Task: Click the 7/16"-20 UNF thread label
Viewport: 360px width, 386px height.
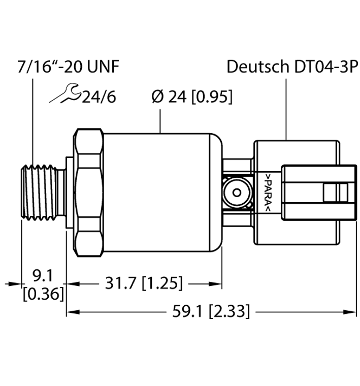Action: coord(68,67)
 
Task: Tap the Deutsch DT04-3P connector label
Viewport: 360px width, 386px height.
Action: coord(292,67)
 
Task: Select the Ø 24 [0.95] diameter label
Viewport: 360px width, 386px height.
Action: coord(192,96)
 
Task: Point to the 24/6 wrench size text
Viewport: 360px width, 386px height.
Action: coord(97,96)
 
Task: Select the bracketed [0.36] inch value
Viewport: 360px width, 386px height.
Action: coord(43,294)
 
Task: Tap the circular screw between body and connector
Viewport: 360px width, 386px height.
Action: coord(237,192)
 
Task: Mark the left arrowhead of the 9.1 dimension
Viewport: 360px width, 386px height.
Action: coord(15,283)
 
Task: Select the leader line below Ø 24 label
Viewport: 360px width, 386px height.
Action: coord(161,120)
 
